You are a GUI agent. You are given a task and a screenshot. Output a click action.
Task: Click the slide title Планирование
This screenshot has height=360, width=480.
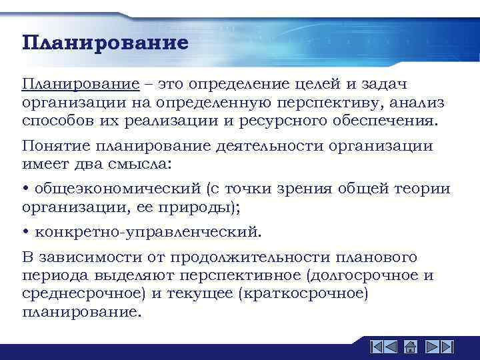(x=105, y=44)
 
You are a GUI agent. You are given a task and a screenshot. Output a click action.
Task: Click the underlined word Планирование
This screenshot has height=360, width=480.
(x=80, y=85)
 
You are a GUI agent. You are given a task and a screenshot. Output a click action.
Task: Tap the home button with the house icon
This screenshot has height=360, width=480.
(x=411, y=347)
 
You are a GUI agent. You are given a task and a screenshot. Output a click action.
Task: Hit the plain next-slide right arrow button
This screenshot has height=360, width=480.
(x=429, y=347)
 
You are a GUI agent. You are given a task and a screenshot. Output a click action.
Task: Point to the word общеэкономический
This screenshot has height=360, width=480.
(x=117, y=189)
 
